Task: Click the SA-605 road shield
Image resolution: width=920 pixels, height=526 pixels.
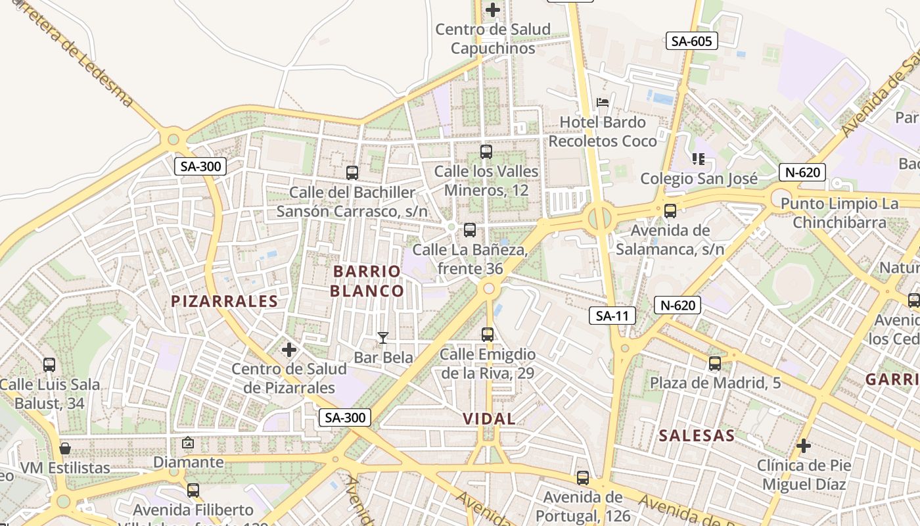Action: [691, 41]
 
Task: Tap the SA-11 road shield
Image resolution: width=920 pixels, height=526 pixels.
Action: [612, 316]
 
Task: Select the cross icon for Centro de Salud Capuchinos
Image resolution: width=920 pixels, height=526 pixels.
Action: [493, 10]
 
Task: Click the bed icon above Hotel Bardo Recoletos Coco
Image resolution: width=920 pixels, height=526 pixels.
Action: [603, 102]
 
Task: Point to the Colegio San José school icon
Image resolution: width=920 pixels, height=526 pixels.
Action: [698, 158]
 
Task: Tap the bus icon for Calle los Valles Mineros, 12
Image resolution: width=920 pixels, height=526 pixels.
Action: [486, 152]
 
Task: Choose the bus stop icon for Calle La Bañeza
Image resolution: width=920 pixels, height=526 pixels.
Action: [469, 230]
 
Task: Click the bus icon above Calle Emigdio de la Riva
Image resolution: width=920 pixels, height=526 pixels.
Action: [488, 335]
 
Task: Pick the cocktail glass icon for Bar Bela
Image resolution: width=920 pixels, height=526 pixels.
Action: [383, 338]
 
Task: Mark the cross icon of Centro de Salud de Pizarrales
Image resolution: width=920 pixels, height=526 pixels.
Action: [289, 350]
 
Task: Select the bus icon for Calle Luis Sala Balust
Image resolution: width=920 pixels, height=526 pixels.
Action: [49, 365]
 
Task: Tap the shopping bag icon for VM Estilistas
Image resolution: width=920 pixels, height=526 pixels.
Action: [65, 449]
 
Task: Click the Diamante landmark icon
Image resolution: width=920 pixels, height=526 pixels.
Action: [188, 443]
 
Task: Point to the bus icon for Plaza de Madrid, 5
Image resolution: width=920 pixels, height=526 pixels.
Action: [715, 364]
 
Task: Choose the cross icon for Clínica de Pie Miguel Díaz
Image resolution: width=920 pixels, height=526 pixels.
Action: [804, 446]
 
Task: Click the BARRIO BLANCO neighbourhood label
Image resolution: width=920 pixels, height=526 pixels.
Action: [367, 281]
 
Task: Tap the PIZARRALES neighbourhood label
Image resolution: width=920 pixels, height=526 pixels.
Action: [225, 301]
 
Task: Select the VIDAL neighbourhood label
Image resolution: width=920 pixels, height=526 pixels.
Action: [489, 419]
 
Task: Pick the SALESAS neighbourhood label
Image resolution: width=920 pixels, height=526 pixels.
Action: [697, 435]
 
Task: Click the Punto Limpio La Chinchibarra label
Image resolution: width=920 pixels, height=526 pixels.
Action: [839, 213]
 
